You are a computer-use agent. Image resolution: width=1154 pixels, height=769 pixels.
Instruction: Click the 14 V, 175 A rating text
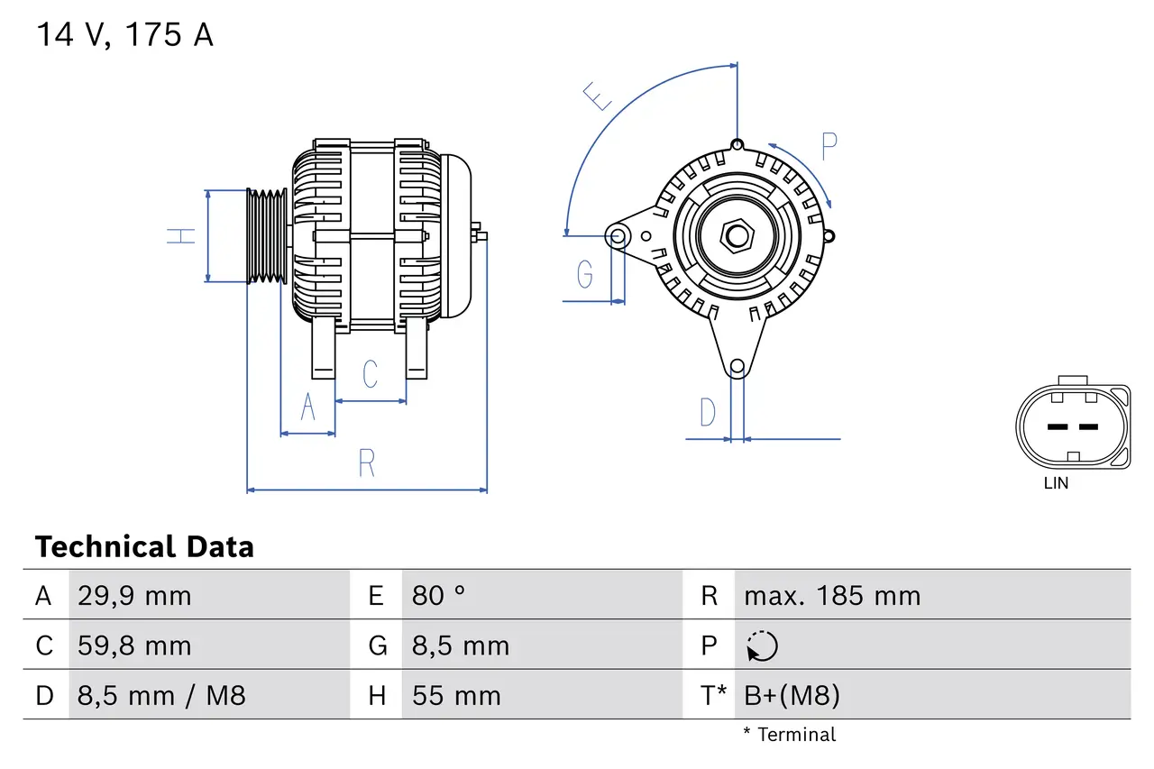pyautogui.click(x=124, y=35)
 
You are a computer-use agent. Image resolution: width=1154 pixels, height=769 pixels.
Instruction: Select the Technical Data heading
pyautogui.click(x=144, y=547)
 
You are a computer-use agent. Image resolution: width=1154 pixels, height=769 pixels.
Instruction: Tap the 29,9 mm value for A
pyautogui.click(x=134, y=596)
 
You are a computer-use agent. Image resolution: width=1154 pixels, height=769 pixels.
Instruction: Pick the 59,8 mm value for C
pyautogui.click(x=134, y=645)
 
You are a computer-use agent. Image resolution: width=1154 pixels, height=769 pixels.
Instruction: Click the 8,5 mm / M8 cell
pyautogui.click(x=161, y=695)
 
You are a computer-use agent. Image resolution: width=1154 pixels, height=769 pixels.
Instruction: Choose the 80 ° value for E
pyautogui.click(x=439, y=596)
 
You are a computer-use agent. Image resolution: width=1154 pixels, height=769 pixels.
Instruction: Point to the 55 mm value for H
pyautogui.click(x=456, y=695)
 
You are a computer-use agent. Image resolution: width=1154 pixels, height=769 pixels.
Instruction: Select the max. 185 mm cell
pyautogui.click(x=832, y=596)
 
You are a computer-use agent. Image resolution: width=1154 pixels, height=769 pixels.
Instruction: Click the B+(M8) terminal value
pyautogui.click(x=792, y=695)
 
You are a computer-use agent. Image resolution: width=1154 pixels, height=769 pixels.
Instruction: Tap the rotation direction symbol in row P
pyautogui.click(x=762, y=646)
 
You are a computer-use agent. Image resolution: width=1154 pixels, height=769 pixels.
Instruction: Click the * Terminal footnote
pyautogui.click(x=789, y=735)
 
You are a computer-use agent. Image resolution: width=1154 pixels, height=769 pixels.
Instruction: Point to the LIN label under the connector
pyautogui.click(x=1056, y=483)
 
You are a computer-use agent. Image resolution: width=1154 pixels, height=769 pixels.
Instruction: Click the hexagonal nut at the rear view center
pyautogui.click(x=737, y=237)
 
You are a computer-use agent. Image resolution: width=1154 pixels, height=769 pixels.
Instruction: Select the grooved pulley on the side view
pyautogui.click(x=268, y=236)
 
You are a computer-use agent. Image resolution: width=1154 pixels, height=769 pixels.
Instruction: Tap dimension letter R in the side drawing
pyautogui.click(x=366, y=463)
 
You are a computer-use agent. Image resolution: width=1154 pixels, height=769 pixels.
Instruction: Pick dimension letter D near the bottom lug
pyautogui.click(x=708, y=413)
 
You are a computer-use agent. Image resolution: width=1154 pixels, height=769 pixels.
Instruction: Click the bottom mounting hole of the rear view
pyautogui.click(x=737, y=366)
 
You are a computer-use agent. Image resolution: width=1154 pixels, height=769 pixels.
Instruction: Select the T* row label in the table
pyautogui.click(x=713, y=695)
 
